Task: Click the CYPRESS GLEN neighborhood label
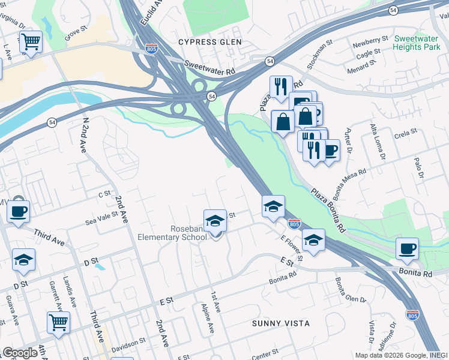(210, 42)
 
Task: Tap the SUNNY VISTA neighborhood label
(281, 323)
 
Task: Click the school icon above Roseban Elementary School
(215, 221)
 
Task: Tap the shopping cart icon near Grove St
(30, 42)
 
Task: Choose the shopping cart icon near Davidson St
(58, 323)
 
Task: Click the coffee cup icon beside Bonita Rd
(408, 248)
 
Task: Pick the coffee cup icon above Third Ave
(18, 211)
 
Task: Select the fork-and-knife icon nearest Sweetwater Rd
(280, 87)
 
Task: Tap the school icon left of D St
(23, 260)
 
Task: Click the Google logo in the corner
(20, 353)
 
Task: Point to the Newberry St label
(370, 41)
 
